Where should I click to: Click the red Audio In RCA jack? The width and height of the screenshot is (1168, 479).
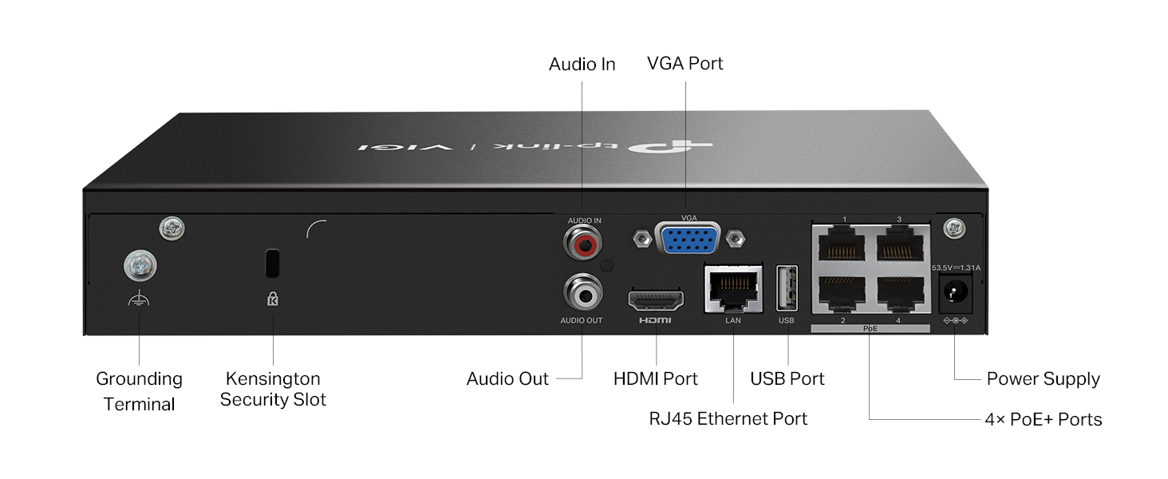click(582, 242)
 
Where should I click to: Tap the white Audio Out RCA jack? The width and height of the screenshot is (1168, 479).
click(582, 295)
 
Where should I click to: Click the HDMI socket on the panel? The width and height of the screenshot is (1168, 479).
click(656, 300)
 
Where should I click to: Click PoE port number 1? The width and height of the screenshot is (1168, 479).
click(844, 244)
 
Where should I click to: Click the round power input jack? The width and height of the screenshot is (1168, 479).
click(954, 294)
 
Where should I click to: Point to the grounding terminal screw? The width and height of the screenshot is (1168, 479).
click(140, 266)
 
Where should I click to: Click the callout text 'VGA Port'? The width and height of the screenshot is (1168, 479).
click(685, 63)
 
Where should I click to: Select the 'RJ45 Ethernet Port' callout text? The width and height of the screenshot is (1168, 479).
click(728, 418)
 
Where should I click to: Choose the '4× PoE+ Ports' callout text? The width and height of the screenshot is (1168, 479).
click(1043, 419)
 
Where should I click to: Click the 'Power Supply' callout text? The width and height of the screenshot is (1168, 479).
click(1043, 378)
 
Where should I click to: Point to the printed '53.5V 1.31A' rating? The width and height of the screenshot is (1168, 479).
click(956, 267)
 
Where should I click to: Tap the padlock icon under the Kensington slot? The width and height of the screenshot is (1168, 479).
click(273, 299)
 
